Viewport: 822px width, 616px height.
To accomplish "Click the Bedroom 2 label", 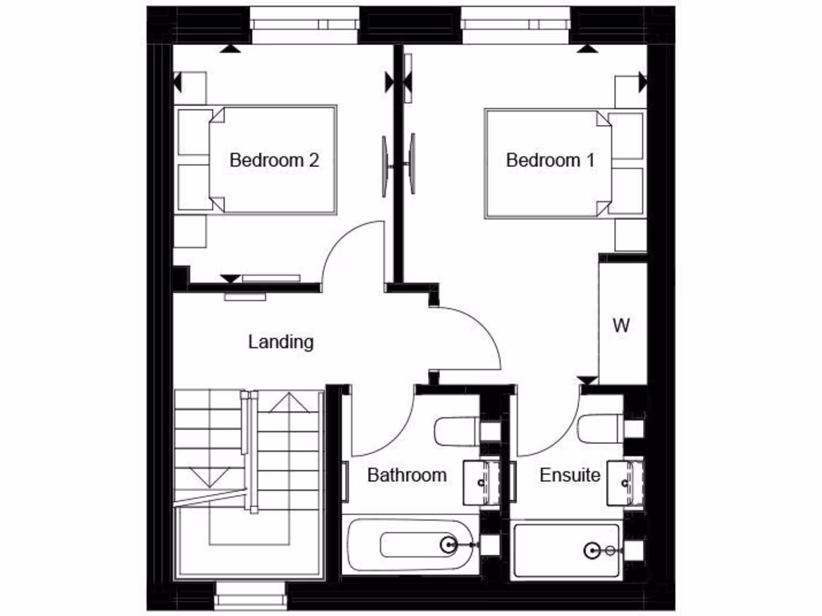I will [x=274, y=160].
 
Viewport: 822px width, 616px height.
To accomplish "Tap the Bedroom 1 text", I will [x=550, y=160].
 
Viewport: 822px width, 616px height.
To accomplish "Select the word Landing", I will [x=280, y=342].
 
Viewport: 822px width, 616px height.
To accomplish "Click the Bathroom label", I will [x=406, y=475].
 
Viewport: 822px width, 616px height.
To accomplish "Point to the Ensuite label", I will [x=569, y=475].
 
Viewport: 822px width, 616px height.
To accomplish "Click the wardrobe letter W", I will [x=621, y=326].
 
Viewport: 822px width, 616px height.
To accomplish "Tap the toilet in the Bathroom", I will [x=455, y=431].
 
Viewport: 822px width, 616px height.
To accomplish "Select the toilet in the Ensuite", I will [x=598, y=429].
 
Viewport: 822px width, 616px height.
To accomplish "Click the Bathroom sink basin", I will [x=482, y=481].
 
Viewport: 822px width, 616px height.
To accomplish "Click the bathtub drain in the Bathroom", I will [x=448, y=545].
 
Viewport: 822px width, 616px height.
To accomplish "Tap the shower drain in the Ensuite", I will [x=592, y=550].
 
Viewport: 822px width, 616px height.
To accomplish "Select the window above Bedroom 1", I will [x=515, y=25].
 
